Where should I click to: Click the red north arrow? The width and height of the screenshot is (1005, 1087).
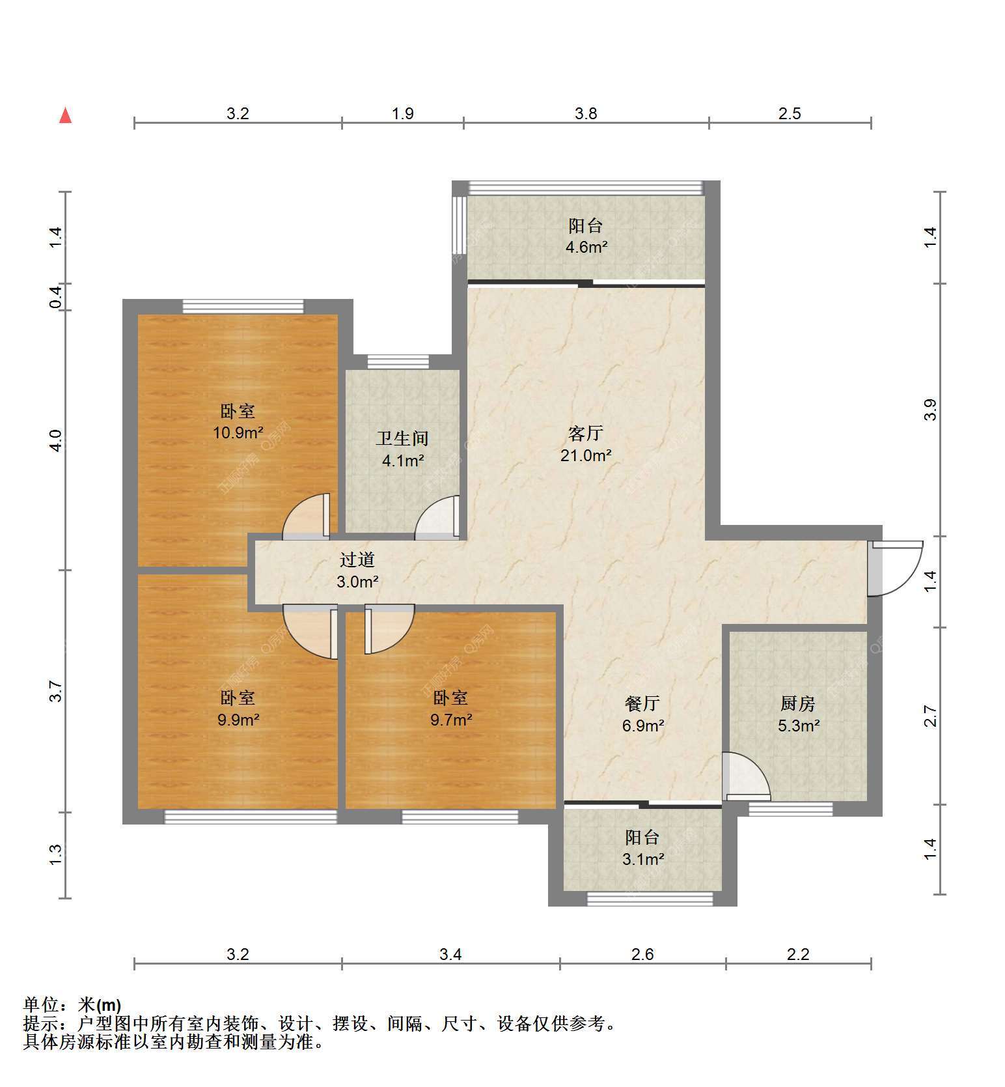pos(65,115)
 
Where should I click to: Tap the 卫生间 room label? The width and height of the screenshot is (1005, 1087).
pos(402,438)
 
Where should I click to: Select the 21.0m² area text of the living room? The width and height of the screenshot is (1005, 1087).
pos(586,455)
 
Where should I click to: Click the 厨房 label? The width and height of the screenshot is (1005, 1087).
pos(797,703)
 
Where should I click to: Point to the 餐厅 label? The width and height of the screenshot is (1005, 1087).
pos(642,703)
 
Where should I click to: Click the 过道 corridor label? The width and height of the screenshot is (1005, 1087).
pos(357,559)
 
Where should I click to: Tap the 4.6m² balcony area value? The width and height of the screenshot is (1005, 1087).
pos(586,247)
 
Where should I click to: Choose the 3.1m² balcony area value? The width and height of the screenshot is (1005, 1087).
pos(643,859)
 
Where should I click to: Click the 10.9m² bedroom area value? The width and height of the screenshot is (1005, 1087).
pos(238,432)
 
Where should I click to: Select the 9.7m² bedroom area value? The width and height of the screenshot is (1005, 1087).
pos(451,720)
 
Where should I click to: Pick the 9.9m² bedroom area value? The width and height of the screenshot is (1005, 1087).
pos(238,720)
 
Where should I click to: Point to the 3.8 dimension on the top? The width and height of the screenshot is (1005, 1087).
pos(586,113)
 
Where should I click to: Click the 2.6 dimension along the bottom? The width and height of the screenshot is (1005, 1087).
pos(642,954)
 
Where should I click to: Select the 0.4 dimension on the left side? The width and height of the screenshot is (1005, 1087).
pos(56,297)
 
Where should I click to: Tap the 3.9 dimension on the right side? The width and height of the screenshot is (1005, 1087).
pos(931,409)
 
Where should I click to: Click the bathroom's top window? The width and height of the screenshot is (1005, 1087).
pos(398,362)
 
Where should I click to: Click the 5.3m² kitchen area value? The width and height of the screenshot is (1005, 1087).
pos(798,726)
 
